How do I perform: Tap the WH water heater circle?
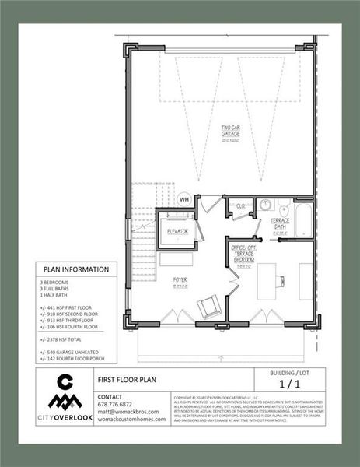184,199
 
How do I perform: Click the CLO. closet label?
241,206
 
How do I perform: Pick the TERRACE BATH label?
281,225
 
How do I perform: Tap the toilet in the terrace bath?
284,207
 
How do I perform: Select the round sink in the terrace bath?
264,205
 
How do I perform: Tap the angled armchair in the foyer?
208,307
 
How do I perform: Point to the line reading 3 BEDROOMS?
54,282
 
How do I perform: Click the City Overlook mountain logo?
66,392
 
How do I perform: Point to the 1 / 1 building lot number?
289,384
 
